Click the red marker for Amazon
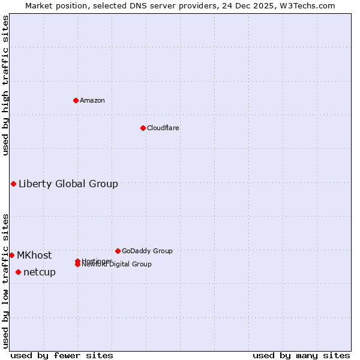pos(76,100)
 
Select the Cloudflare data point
pos(143,128)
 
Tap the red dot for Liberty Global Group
pos(13,184)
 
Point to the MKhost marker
pos(11,255)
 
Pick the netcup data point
pos(18,272)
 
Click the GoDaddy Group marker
pos(118,251)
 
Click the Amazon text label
pos(92,100)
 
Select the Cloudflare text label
pos(163,128)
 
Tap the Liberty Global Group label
pos(68,184)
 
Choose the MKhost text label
pos(34,255)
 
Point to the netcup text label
pos(40,272)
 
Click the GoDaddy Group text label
pos(147,251)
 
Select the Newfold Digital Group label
pos(118,265)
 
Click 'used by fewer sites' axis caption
pos(62,355)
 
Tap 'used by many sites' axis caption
pos(301,355)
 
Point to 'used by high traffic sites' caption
pos(6,85)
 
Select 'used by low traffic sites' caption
pos(6,280)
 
